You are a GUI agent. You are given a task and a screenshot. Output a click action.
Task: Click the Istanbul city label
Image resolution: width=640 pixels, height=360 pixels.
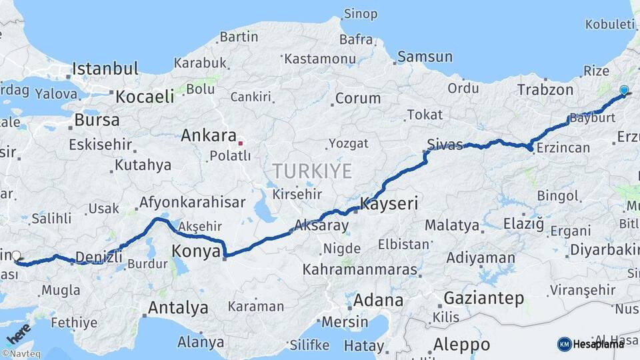click(105, 69)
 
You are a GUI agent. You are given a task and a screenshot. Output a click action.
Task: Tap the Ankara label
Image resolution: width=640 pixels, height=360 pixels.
click(209, 136)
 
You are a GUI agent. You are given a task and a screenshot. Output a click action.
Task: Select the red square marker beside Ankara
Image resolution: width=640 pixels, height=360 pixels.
click(241, 142)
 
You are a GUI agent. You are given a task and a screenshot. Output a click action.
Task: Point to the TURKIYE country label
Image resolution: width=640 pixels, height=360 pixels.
click(312, 171)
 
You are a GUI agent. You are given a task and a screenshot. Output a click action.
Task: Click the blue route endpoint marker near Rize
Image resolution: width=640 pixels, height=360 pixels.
click(624, 90)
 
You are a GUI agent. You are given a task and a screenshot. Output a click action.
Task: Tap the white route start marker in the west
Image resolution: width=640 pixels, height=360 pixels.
click(16, 255)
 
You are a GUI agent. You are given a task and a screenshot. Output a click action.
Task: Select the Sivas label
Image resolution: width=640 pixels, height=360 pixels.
click(445, 145)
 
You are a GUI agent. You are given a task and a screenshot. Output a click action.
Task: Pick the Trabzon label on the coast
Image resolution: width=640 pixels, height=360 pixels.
click(545, 90)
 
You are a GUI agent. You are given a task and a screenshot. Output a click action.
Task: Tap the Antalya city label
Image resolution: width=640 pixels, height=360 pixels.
click(177, 308)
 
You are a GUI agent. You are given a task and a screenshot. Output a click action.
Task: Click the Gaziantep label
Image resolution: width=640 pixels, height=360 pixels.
click(483, 298)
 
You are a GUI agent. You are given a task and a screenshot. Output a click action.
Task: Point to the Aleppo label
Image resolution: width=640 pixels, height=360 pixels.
click(461, 345)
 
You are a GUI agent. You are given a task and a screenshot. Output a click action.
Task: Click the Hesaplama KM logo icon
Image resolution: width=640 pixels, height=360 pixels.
click(564, 344)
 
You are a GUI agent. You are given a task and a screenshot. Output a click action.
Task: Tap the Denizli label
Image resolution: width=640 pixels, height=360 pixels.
click(99, 257)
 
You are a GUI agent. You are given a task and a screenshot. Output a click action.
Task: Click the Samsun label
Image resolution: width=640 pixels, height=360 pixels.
click(425, 57)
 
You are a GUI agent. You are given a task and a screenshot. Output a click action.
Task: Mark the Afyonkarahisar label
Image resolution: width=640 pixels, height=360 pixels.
click(193, 202)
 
